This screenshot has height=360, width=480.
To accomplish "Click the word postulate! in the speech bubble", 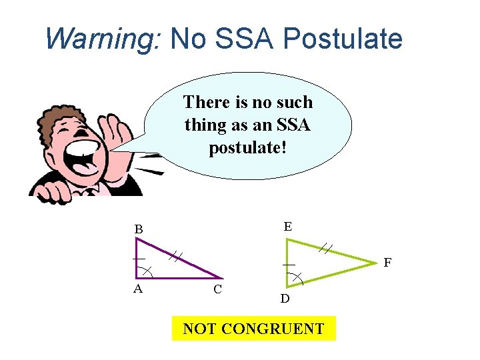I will tap(247, 147).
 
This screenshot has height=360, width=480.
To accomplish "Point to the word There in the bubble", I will tap(206, 102).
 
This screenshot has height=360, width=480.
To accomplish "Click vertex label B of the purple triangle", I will tap(139, 229).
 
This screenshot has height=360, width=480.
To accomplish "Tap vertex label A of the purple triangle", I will tap(138, 289).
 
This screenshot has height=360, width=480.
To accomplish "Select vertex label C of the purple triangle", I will tap(217, 290).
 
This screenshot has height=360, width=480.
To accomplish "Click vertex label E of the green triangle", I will tap(287, 227).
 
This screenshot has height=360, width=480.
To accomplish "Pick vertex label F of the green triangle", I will tap(388, 263).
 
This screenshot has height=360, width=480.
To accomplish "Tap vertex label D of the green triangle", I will tap(285, 299).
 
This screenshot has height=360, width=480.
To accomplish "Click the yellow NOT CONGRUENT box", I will tap(253, 329).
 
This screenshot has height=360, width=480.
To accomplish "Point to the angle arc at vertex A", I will tap(147, 271).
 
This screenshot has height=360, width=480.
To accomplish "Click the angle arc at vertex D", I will tap(297, 277).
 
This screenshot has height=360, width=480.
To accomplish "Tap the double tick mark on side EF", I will tap(325, 248).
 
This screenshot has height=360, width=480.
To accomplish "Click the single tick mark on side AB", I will tap(138, 258).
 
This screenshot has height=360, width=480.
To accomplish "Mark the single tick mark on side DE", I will tap(288, 265).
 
